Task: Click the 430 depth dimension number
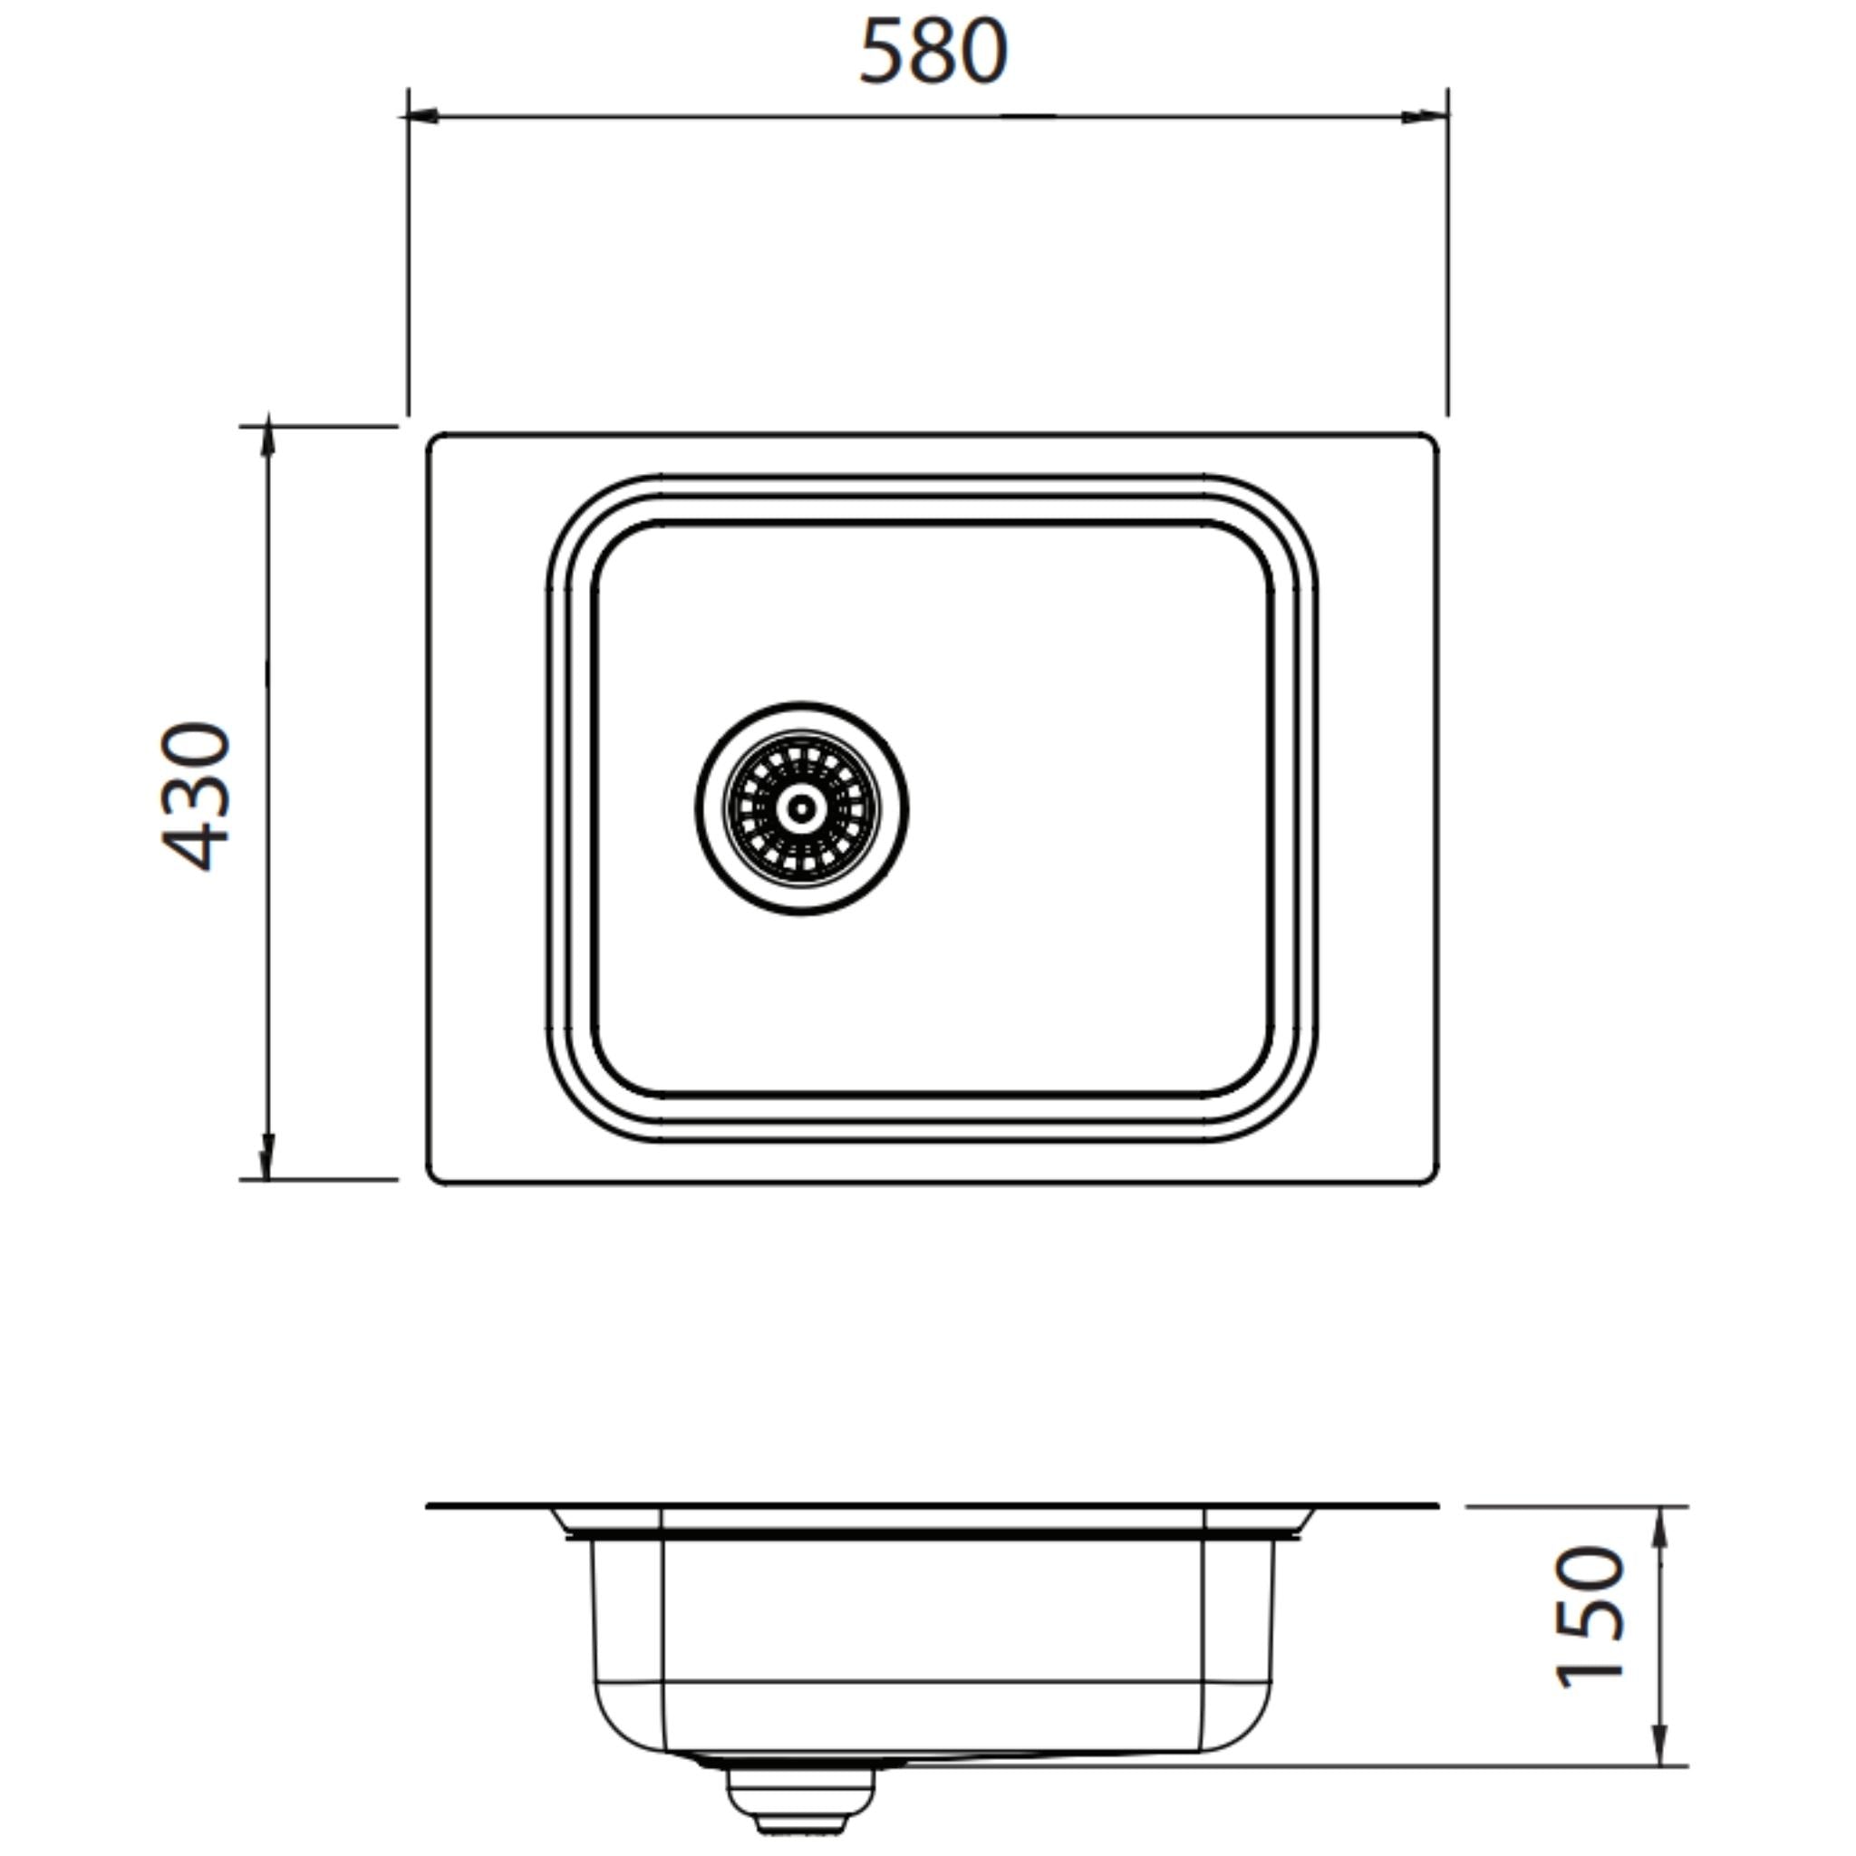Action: [196, 797]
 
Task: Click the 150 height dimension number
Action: [1590, 1616]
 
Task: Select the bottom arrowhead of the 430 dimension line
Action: [268, 1164]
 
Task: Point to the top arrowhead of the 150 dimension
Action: [1664, 1522]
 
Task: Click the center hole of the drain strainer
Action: [801, 807]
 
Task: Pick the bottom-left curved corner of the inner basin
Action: [615, 1074]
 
